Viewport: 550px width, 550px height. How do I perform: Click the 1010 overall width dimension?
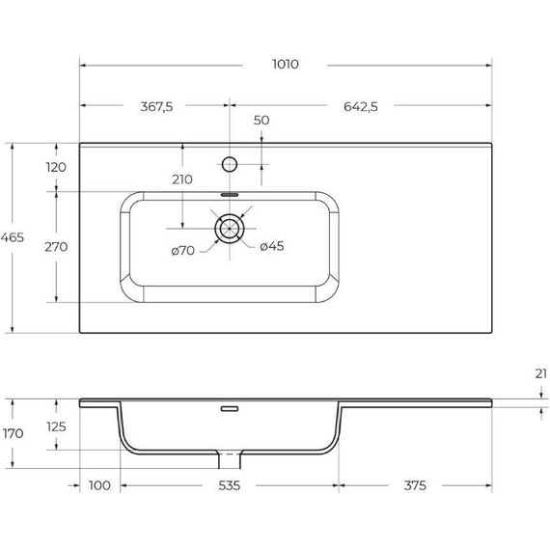pos(285,65)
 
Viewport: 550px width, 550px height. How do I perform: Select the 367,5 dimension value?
pos(154,107)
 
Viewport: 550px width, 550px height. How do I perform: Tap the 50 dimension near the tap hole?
pos(261,122)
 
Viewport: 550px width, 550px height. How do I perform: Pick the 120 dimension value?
pos(56,167)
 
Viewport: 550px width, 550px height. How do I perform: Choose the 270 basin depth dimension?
pos(56,246)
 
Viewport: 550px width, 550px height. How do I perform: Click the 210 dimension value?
pos(181,179)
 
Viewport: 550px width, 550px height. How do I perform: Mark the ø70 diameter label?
pos(183,251)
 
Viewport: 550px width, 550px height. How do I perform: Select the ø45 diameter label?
pos(272,247)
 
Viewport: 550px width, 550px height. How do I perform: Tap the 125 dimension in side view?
pos(56,426)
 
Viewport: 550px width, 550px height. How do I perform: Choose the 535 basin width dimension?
pos(228,484)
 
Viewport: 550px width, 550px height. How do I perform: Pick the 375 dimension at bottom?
pos(415,484)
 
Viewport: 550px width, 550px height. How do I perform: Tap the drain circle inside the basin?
pos(230,230)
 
